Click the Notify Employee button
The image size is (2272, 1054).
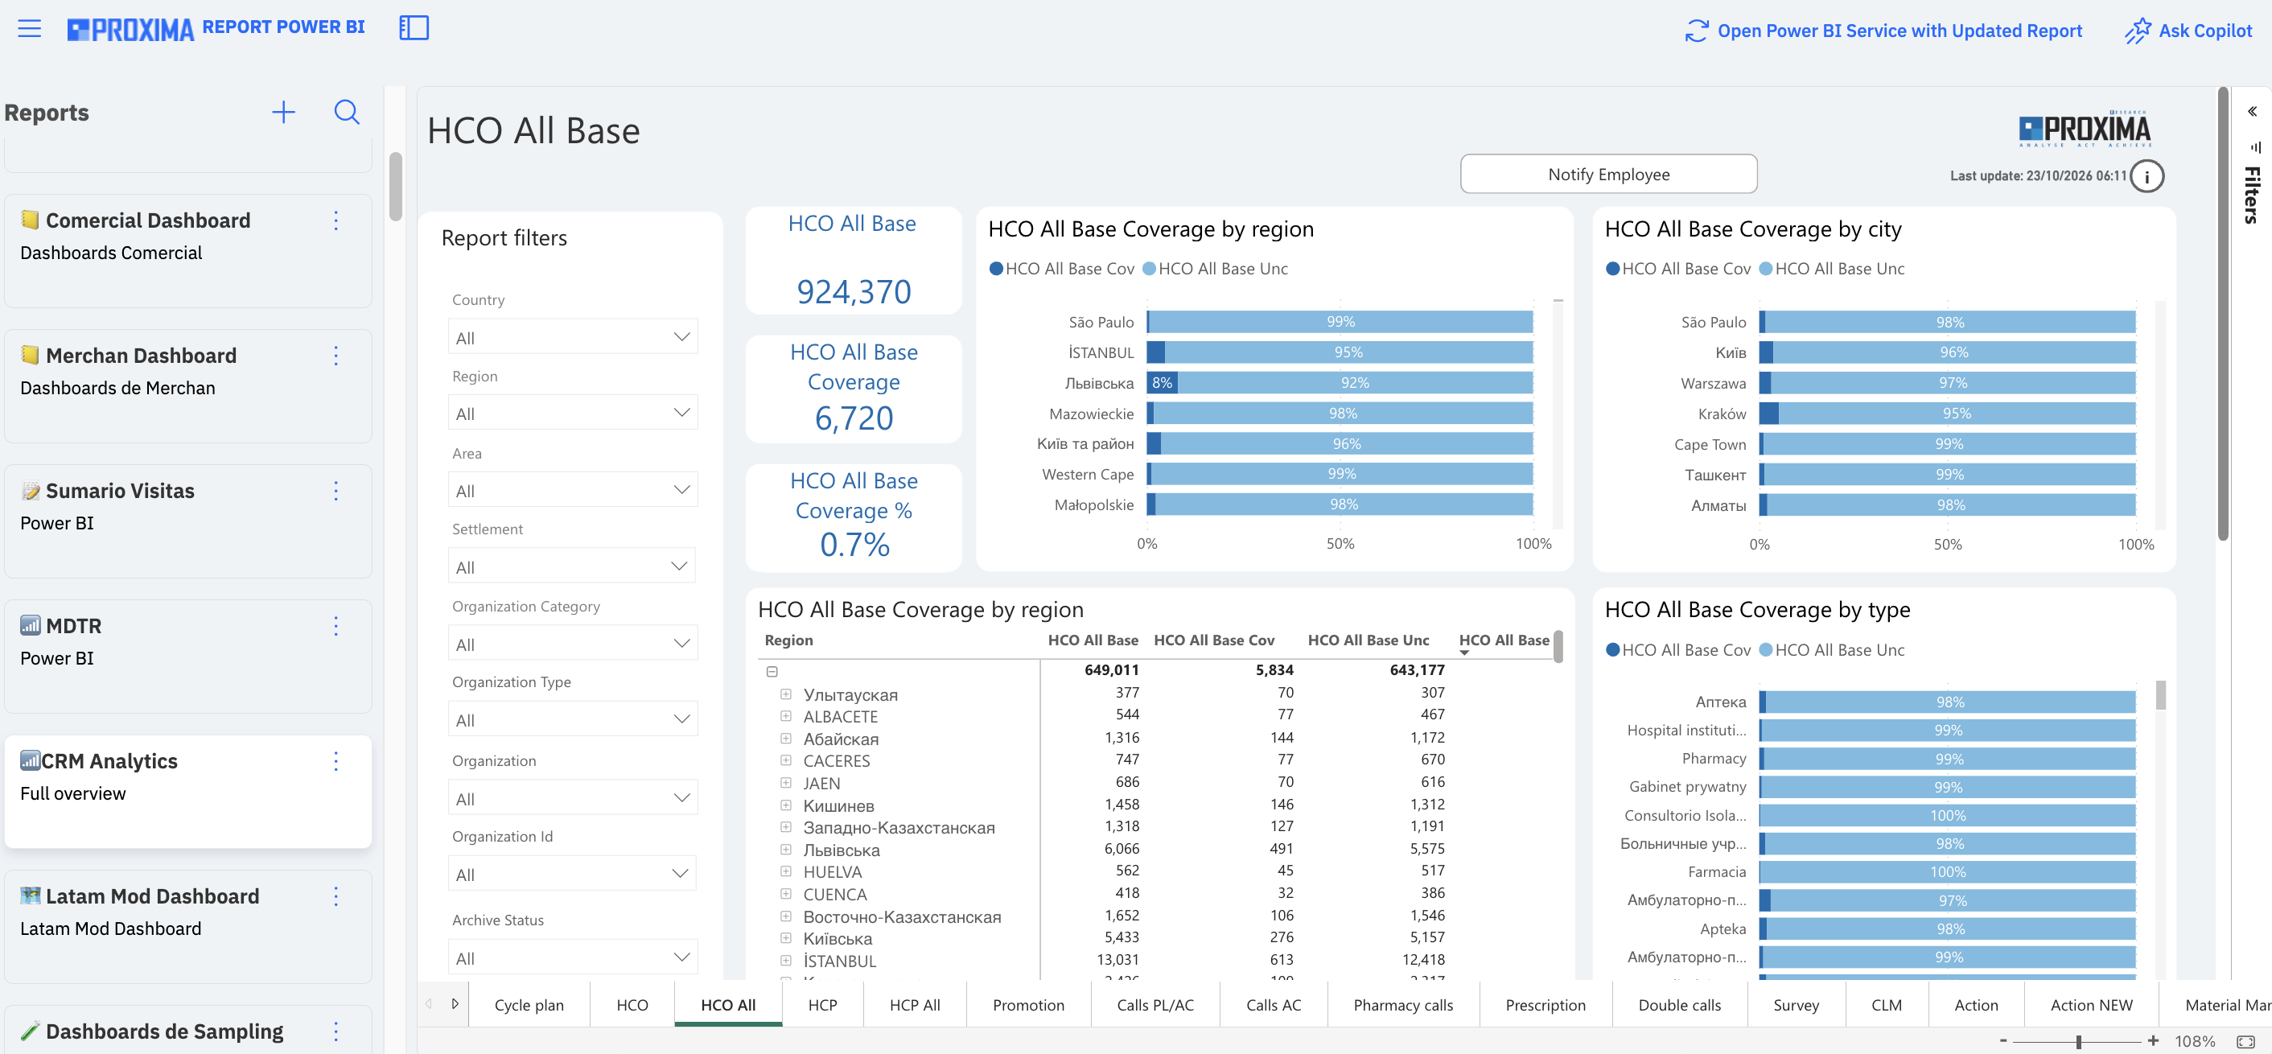[x=1608, y=174]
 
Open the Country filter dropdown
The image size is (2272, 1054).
[x=572, y=337]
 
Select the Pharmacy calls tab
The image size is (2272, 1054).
[x=1402, y=1005]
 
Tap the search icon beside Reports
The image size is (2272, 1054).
[x=347, y=112]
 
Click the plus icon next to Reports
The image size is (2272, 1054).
[x=283, y=112]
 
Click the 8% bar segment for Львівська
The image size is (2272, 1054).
[x=1162, y=383]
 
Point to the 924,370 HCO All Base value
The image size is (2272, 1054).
[x=853, y=292]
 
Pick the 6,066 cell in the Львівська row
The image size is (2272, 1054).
[x=1121, y=849]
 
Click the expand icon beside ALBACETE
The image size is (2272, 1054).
[x=786, y=716]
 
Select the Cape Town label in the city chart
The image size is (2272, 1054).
[x=1710, y=445]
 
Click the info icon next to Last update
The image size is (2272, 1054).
[x=2146, y=176]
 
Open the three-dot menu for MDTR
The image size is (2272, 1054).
[x=336, y=626]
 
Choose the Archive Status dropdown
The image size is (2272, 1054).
[x=572, y=957]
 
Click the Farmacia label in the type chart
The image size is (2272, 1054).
[x=1716, y=871]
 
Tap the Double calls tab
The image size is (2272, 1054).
[x=1678, y=1005]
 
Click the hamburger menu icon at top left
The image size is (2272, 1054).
[x=29, y=28]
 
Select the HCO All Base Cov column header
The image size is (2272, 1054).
[x=1213, y=640]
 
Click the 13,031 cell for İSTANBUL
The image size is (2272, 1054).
[x=1117, y=960]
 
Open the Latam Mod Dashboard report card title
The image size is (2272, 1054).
[x=152, y=896]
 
